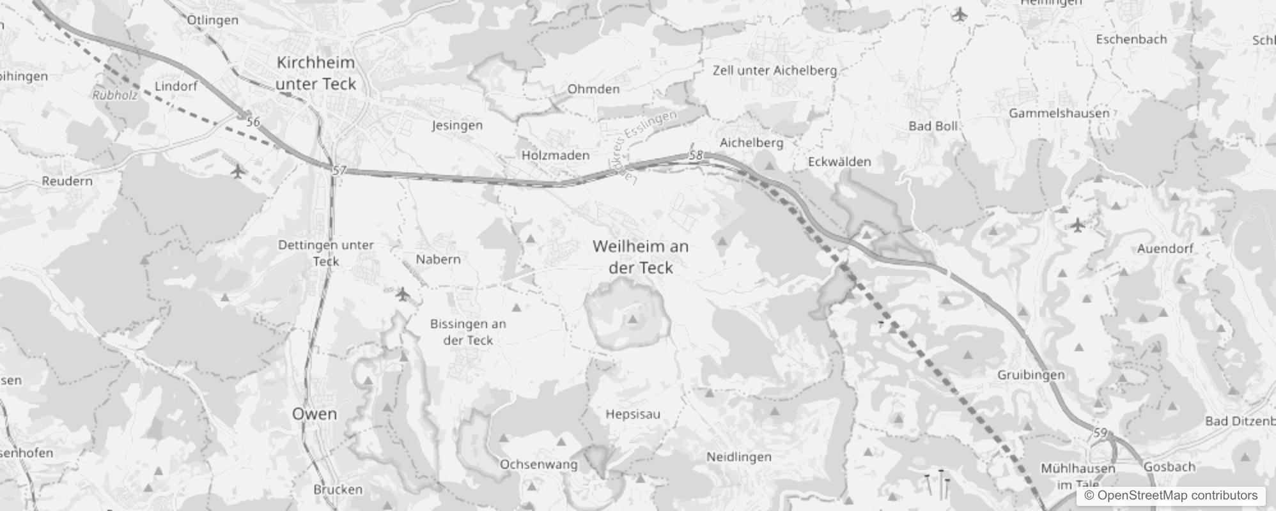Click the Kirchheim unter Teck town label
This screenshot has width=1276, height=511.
[x=315, y=73]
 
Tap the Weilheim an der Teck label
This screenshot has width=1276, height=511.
[x=641, y=256]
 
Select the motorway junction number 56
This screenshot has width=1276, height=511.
[x=253, y=121]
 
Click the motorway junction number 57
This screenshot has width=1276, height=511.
[x=339, y=171]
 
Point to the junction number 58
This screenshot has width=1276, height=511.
[x=696, y=155]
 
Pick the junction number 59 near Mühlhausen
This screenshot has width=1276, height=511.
[x=1100, y=433]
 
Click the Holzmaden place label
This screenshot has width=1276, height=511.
[x=555, y=155]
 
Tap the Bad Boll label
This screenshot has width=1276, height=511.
[x=933, y=126]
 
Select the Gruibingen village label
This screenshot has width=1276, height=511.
[x=1031, y=375]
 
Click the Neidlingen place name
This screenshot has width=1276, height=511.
[x=738, y=457]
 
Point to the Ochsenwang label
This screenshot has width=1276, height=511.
[x=538, y=464]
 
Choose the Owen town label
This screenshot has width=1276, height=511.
[x=315, y=414]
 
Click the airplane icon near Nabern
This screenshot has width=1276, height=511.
[x=402, y=294]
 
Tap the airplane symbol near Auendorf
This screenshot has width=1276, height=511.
[x=1078, y=225]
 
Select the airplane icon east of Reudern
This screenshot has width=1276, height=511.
[x=237, y=172]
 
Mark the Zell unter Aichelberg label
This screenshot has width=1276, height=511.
[x=774, y=70]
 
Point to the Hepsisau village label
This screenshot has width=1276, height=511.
[x=633, y=414]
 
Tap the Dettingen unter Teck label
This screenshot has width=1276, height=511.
[x=326, y=253]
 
